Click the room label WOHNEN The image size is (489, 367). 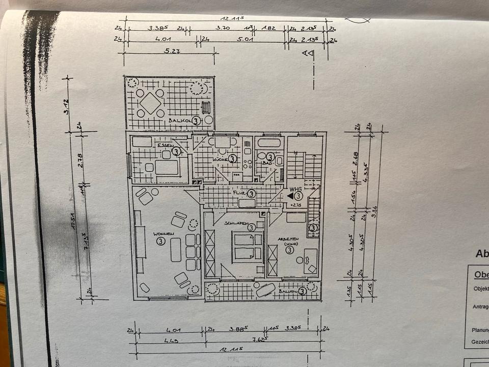pyautogui.click(x=164, y=234)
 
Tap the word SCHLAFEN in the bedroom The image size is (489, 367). pyautogui.click(x=236, y=223)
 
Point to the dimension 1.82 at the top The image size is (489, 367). pyautogui.click(x=268, y=29)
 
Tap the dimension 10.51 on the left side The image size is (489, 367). pyautogui.click(x=74, y=221)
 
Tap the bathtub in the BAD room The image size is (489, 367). pyautogui.click(x=269, y=142)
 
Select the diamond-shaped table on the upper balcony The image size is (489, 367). pyautogui.click(x=150, y=103)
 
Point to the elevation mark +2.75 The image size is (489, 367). pyautogui.click(x=295, y=205)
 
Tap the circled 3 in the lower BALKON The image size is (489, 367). pyautogui.click(x=302, y=291)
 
